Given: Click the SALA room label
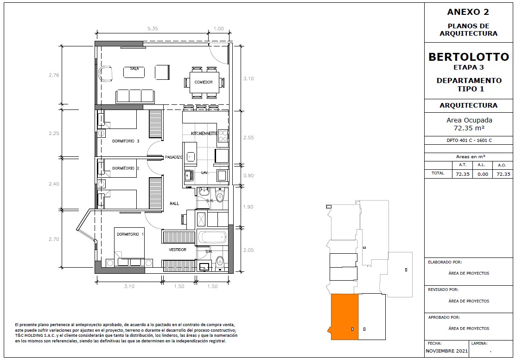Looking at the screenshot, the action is tap(134, 69).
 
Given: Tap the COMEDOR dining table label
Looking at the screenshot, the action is tap(204, 82).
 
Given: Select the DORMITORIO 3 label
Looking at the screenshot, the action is tap(126, 141).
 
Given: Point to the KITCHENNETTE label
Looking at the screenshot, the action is tap(204, 134).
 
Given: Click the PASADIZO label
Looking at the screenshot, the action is tap(173, 157).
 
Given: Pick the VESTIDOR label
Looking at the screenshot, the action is tap(178, 250).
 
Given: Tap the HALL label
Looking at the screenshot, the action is tap(174, 204).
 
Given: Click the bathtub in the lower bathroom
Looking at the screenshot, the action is tap(213, 237).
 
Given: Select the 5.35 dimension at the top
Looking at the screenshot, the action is tap(153, 29).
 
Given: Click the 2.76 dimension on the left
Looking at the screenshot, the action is tap(54, 75).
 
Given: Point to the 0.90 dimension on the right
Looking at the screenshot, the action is tap(248, 175).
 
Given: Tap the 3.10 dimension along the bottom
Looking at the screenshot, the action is tap(129, 286).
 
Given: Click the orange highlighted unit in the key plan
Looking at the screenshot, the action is tap(344, 317).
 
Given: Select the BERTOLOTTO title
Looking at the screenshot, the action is tap(469, 57).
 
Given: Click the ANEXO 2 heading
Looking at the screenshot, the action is tap(468, 12).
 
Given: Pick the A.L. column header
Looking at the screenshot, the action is tap(481, 165).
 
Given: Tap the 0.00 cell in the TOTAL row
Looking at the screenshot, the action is tap(483, 174).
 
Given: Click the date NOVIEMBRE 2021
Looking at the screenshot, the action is tap(446, 351).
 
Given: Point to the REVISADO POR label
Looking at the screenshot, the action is tap(443, 290).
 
